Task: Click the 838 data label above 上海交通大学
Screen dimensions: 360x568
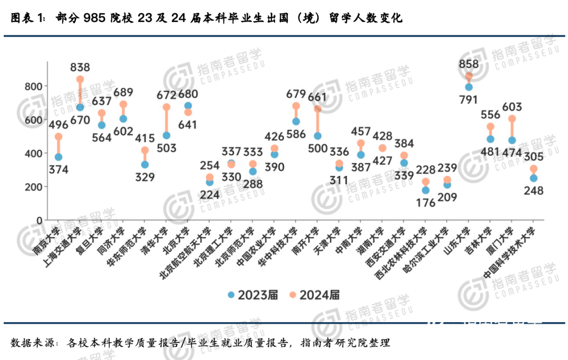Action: point(80,67)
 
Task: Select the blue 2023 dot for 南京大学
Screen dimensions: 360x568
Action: point(58,157)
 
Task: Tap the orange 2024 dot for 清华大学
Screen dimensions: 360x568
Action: point(167,107)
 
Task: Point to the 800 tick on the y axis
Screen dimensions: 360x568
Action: point(33,86)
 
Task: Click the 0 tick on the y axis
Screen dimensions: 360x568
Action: point(39,220)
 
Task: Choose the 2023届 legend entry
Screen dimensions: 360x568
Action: point(253,295)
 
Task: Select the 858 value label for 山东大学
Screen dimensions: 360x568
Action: point(468,64)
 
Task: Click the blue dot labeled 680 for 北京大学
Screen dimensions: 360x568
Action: point(188,106)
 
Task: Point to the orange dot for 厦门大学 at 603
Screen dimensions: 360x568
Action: point(512,119)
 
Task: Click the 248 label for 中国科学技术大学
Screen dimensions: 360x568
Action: point(533,191)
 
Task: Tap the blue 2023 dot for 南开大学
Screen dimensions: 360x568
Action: point(318,136)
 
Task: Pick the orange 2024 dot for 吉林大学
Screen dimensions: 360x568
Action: point(491,127)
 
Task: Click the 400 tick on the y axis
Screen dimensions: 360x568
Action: point(33,153)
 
